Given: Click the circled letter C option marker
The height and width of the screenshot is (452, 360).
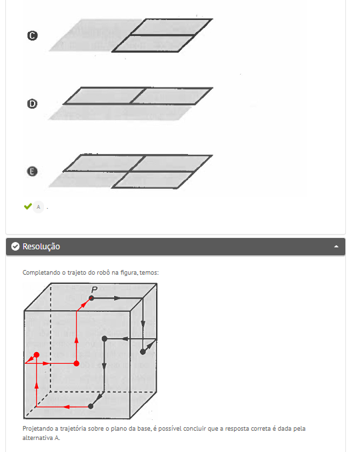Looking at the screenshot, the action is [32, 35].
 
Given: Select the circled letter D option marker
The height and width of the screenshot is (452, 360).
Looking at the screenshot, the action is [32, 104].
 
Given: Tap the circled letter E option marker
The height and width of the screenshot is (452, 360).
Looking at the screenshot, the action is [32, 171].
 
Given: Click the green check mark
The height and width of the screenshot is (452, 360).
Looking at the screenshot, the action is [28, 206].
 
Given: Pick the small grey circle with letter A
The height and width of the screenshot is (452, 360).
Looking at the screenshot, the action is [39, 207].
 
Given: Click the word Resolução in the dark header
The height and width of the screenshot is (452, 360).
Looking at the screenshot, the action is [41, 247].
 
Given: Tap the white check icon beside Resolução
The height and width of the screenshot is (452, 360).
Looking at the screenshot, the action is [15, 247].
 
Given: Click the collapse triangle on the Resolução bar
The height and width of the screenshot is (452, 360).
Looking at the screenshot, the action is [336, 247].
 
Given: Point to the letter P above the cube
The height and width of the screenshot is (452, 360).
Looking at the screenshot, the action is [94, 290].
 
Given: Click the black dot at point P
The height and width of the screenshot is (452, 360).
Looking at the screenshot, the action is [91, 298].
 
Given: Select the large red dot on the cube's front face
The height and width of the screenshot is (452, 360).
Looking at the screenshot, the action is [77, 363].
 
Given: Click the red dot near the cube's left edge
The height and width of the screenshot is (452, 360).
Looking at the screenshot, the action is [37, 355].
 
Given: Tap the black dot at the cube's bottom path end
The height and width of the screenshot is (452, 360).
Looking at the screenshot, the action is [91, 406].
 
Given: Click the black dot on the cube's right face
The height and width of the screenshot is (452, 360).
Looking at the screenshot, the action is [143, 352].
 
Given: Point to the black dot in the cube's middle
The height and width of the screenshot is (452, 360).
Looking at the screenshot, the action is [105, 339].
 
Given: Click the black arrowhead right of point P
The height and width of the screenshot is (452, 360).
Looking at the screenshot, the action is [117, 298].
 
